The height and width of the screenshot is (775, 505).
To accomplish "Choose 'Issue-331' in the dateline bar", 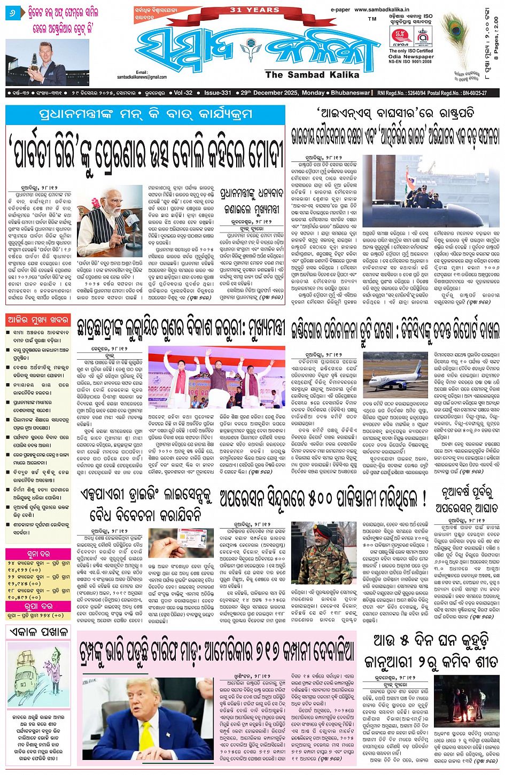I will [x=217, y=92].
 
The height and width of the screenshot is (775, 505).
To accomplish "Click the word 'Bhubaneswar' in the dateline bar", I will [x=350, y=92].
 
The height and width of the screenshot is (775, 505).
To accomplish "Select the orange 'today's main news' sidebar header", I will [x=38, y=320].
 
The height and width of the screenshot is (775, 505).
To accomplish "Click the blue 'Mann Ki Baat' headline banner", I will [x=145, y=114].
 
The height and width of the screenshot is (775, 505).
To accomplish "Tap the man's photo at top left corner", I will [x=48, y=63].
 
